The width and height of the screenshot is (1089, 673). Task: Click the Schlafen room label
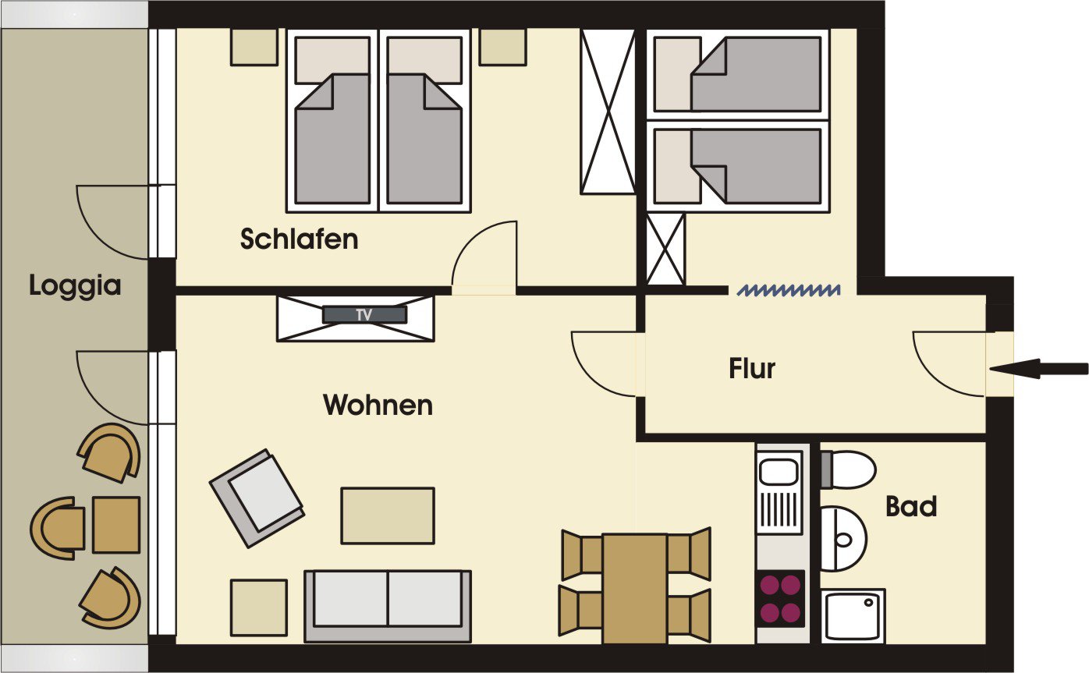click(x=299, y=239)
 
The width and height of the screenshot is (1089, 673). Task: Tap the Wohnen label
click(x=378, y=405)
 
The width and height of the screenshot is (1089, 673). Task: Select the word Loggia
click(x=75, y=285)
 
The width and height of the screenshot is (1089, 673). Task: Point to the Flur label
click(x=751, y=369)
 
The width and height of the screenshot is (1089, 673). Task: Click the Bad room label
click(x=911, y=507)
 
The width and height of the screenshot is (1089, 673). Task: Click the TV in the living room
click(x=364, y=315)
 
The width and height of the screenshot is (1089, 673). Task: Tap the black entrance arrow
click(x=1038, y=369)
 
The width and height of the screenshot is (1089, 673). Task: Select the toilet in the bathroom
click(x=849, y=470)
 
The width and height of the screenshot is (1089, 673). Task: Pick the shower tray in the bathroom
click(x=853, y=616)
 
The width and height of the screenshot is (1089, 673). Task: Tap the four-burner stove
click(x=781, y=599)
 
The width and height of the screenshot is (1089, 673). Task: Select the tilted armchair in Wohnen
click(x=257, y=498)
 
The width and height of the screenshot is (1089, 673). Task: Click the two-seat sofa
click(x=388, y=606)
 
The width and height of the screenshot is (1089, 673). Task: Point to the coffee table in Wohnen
click(x=388, y=515)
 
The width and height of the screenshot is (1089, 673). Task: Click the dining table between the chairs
click(x=634, y=589)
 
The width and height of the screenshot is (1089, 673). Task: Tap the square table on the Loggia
click(x=116, y=525)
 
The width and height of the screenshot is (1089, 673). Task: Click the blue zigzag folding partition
click(x=789, y=290)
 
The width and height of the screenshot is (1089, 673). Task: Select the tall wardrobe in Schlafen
click(x=608, y=112)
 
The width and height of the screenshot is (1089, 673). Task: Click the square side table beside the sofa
click(x=259, y=607)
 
